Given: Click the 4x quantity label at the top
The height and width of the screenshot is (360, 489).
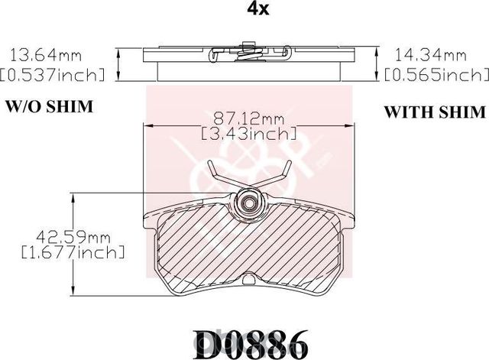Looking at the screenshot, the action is pyautogui.click(x=258, y=9).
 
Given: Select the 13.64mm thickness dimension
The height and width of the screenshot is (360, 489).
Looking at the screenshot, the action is pyautogui.click(x=46, y=56).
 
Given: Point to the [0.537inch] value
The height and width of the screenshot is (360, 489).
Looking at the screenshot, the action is pyautogui.click(x=52, y=75).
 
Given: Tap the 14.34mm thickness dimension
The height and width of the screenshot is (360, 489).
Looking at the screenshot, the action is pyautogui.click(x=431, y=56).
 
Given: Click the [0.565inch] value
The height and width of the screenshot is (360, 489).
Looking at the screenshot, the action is pyautogui.click(x=436, y=75).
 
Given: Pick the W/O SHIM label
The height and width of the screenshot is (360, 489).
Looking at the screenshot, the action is pyautogui.click(x=49, y=107).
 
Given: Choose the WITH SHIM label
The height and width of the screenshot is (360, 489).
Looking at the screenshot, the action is pyautogui.click(x=435, y=112).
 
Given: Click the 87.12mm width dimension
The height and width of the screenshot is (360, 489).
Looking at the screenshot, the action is pyautogui.click(x=248, y=118).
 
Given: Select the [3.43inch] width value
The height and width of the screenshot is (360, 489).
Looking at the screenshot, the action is pyautogui.click(x=248, y=135).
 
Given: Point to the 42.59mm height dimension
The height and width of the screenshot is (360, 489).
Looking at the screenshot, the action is pyautogui.click(x=73, y=238).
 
